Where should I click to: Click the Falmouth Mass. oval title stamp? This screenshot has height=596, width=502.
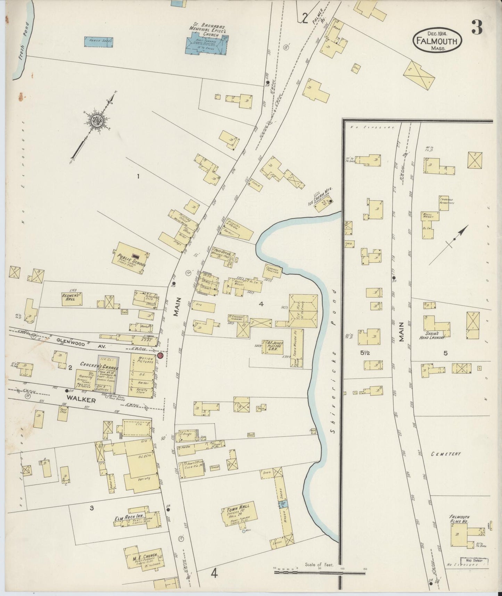(x=437, y=40)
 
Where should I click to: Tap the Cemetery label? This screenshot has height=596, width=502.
(x=446, y=454)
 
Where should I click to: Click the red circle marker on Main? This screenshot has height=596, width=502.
(x=160, y=356)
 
